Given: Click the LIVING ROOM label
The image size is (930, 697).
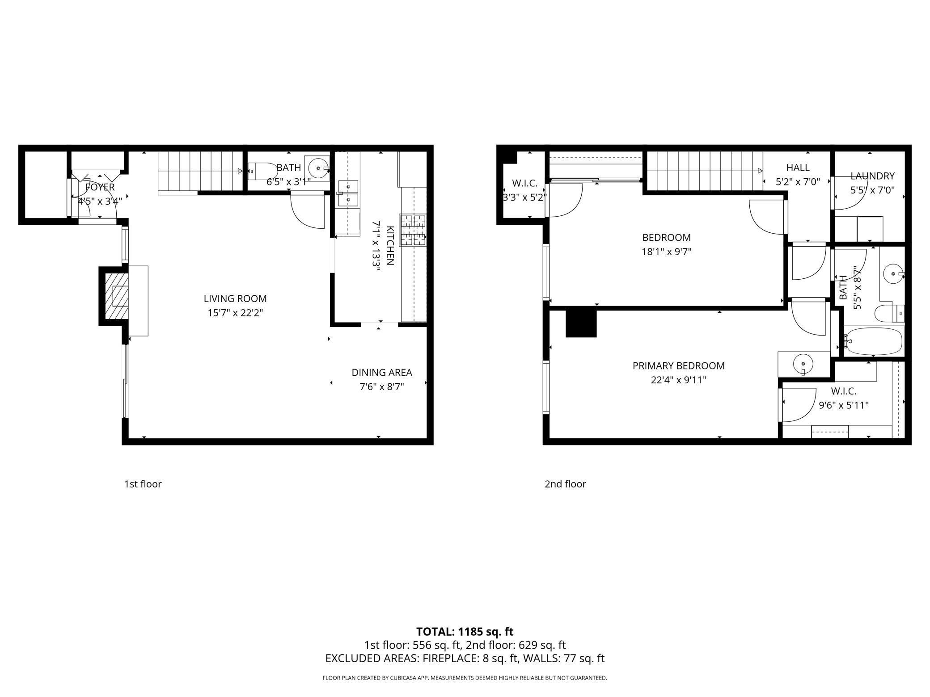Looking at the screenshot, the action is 235,298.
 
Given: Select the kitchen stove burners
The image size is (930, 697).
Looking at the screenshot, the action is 413,231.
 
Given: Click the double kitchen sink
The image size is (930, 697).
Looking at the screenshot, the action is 348,193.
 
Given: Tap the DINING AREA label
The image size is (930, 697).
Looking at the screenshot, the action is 382,372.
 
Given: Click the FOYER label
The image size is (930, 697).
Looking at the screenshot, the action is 100,187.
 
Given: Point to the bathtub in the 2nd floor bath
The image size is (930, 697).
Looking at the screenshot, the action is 873,342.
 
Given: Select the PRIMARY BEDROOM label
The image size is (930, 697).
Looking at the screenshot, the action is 678,365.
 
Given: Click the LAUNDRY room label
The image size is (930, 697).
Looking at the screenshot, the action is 872,176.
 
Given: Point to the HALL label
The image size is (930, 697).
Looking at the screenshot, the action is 798,168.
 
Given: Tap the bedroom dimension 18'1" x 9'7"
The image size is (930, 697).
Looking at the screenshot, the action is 667,252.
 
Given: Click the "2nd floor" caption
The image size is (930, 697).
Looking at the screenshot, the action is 565,484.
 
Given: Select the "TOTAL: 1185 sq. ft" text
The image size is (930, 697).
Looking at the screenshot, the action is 465,632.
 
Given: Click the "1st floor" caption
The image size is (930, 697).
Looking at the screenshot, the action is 143,484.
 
